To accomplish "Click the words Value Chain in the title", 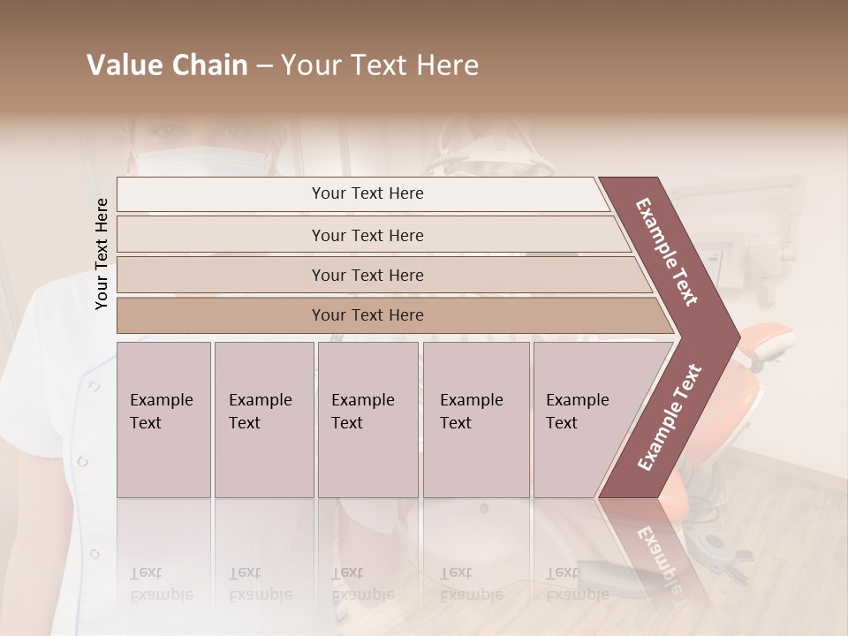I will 167,65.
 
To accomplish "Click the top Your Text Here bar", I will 367,193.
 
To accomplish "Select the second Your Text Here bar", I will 367,235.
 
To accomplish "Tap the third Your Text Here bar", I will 367,275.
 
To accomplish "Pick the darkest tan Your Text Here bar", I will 367,315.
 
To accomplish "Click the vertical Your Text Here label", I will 102,254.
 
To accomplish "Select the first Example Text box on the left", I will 163,420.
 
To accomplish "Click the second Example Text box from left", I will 263,420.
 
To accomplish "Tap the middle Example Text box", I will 367,420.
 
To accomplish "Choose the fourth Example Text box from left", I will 475,420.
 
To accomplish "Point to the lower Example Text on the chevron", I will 670,417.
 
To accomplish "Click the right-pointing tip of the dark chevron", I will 735,336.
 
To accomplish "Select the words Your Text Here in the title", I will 380,65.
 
